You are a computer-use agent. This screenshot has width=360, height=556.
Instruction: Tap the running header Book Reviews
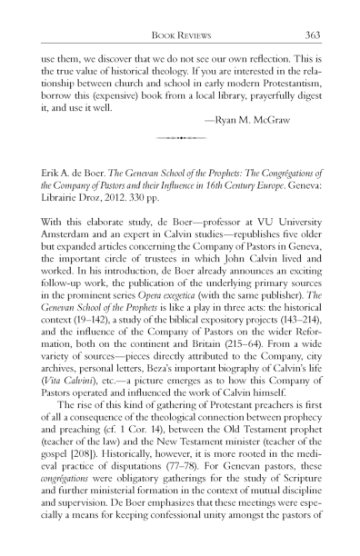coord(180,35)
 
